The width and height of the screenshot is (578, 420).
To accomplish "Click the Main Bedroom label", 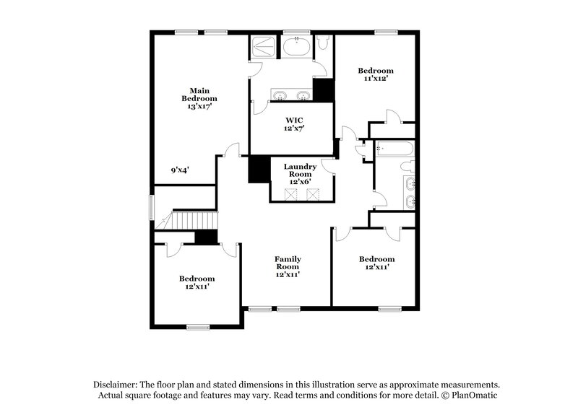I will pyautogui.click(x=199, y=94).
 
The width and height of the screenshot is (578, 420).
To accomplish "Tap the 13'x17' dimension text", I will pyautogui.click(x=199, y=106).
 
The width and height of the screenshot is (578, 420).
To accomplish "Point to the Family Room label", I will pyautogui.click(x=288, y=263).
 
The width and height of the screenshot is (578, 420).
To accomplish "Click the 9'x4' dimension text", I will pyautogui.click(x=180, y=170).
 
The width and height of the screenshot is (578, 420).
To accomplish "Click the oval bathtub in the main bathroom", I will pyautogui.click(x=297, y=48).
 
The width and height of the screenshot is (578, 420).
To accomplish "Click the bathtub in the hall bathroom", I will pyautogui.click(x=394, y=149).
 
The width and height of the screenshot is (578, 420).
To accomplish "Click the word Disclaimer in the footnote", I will pyautogui.click(x=118, y=386).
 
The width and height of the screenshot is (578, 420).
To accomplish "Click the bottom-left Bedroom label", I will pyautogui.click(x=197, y=279).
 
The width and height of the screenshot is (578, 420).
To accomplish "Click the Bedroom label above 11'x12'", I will pyautogui.click(x=377, y=71).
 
